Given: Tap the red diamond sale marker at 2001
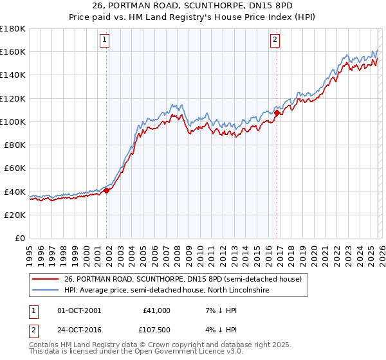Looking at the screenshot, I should pyautogui.click(x=106, y=190).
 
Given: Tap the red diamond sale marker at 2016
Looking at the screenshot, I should pyautogui.click(x=277, y=113).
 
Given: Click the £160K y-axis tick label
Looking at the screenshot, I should pyautogui.click(x=13, y=51).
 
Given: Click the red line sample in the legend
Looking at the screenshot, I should pyautogui.click(x=46, y=279).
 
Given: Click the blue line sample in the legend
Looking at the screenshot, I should pyautogui.click(x=46, y=291).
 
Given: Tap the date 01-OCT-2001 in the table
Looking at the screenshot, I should pyautogui.click(x=79, y=310).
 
